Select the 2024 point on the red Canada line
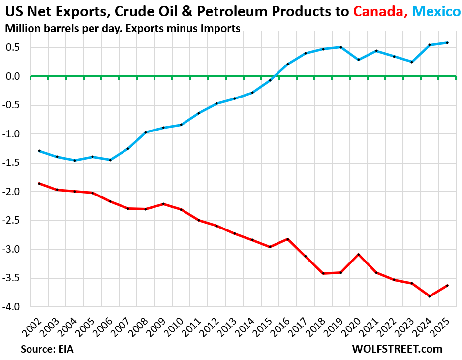(x=430, y=296)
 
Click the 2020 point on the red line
(x=359, y=255)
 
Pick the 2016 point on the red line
(x=288, y=239)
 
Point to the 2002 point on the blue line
(x=39, y=151)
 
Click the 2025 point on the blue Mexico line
(x=447, y=43)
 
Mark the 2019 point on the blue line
(x=341, y=47)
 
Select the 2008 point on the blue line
(x=146, y=132)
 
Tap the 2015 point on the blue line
(x=270, y=80)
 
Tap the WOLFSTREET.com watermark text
(x=397, y=349)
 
